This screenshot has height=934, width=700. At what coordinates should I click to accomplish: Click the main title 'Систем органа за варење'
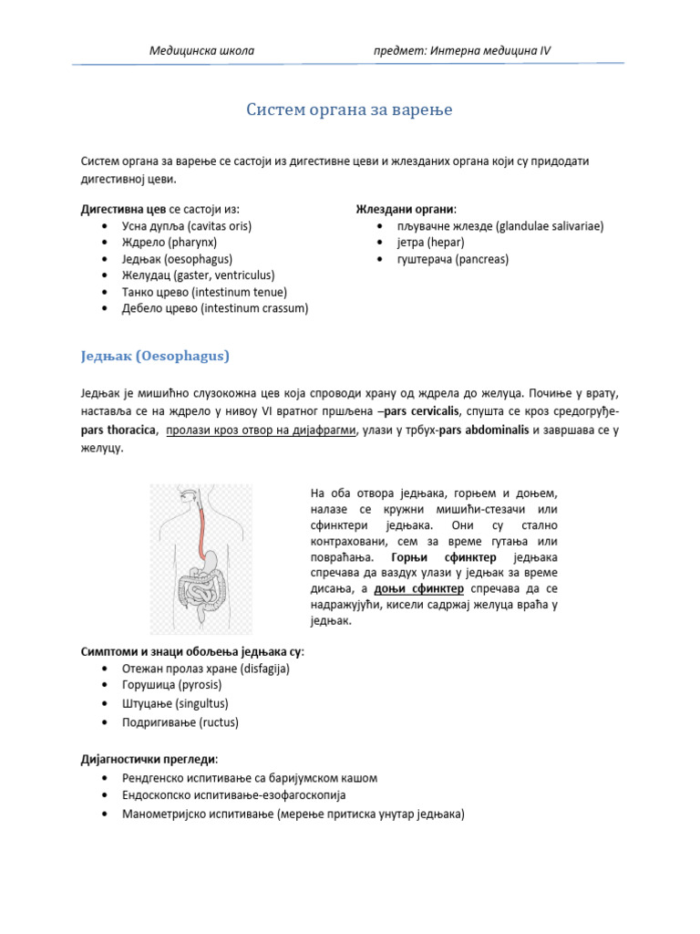[349, 110]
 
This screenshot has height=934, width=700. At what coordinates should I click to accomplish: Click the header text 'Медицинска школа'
[201, 50]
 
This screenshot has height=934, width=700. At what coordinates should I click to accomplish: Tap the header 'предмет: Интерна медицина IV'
[462, 50]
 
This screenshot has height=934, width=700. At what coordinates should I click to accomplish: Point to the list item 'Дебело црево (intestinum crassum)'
[215, 308]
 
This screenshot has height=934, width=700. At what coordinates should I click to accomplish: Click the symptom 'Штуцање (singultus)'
[175, 703]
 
